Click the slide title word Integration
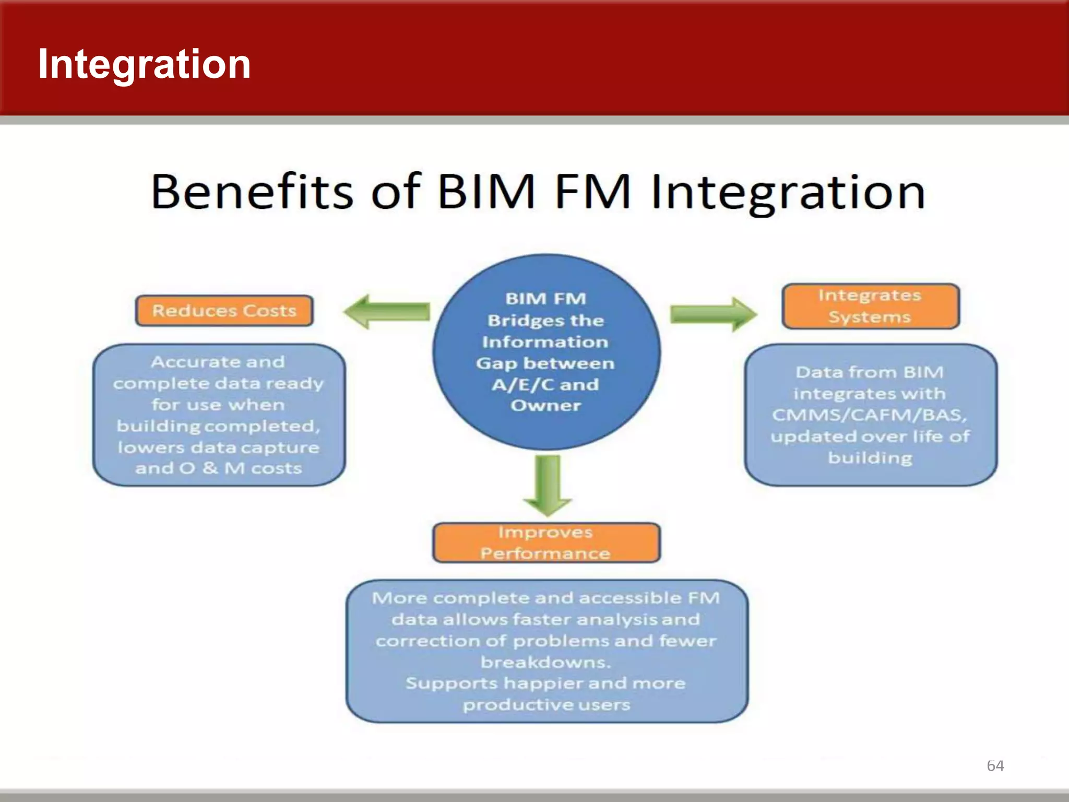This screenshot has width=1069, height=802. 144,64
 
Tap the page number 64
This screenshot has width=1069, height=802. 995,765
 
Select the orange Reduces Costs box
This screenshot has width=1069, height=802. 224,311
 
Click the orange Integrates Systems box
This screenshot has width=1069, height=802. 870,306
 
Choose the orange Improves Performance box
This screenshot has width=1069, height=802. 546,542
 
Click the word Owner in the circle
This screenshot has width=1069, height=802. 545,406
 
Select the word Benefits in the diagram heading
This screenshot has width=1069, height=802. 252,192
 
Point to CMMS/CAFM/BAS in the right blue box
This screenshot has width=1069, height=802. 870,415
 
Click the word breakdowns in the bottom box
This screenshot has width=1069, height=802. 545,662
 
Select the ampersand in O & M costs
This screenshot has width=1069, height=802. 210,468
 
